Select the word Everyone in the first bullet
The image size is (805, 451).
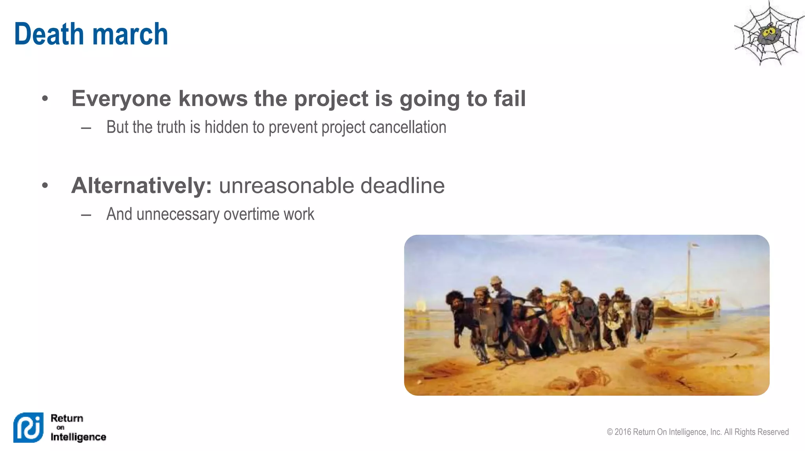coord(121,99)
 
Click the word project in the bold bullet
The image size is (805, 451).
coord(331,99)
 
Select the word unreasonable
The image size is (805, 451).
coord(286,186)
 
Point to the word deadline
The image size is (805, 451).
coord(402,186)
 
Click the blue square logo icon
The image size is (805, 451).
coord(28,427)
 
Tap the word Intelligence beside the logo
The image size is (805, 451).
coord(78,437)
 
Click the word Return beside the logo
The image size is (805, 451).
coord(67,418)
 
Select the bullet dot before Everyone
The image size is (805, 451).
coord(45,98)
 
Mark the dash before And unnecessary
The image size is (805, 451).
coord(86,215)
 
